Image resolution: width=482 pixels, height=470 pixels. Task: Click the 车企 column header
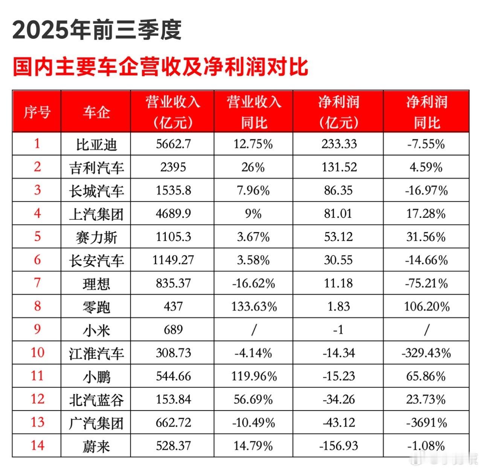96,112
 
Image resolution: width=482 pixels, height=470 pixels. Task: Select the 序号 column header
37,112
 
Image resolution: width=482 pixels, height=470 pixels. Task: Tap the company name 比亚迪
96,144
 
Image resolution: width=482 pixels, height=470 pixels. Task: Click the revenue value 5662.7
173,144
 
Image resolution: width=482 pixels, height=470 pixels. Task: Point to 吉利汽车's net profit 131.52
339,167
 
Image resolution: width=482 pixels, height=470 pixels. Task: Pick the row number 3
37,190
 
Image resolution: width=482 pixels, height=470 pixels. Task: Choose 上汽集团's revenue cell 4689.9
173,214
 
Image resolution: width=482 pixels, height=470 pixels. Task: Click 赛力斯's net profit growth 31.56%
426,237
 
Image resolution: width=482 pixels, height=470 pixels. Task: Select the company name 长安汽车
96,260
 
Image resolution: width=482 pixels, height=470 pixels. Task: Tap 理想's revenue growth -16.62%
253,283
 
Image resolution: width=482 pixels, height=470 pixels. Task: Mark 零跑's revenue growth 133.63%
253,306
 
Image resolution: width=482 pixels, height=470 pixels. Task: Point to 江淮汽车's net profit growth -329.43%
426,353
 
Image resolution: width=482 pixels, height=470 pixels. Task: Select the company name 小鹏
96,376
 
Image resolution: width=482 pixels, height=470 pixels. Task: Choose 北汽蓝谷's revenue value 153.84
173,399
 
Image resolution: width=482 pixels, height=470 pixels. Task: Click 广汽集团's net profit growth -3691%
426,423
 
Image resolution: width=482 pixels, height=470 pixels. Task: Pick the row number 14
37,446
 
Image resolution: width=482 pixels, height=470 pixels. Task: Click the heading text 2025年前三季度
97,30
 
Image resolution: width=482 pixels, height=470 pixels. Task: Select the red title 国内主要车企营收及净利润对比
160,67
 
